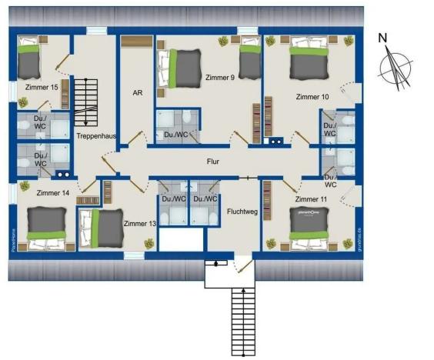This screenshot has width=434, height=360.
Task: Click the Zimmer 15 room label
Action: (42, 88)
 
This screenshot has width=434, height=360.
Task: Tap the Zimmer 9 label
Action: (220, 77)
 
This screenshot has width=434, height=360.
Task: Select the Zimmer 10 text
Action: (312, 97)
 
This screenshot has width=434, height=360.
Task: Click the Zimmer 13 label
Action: (139, 223)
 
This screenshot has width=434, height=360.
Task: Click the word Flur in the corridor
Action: (213, 162)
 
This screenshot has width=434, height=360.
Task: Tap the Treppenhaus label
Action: (96, 135)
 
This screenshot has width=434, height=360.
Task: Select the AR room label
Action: (137, 92)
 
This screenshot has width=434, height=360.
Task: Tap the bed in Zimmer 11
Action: (309, 228)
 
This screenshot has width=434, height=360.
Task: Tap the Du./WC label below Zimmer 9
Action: (176, 135)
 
